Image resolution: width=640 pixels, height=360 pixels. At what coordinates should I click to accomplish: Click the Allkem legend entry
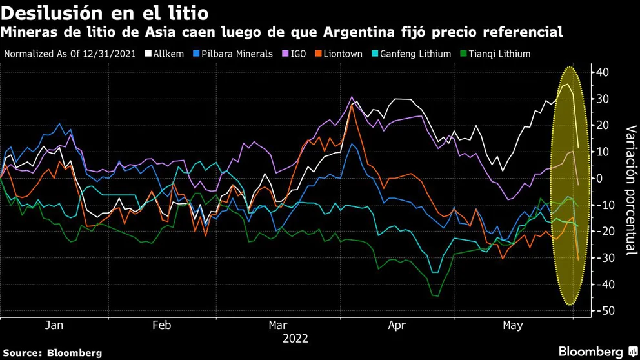(166, 54)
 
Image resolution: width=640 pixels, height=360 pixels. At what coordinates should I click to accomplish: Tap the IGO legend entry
(299, 54)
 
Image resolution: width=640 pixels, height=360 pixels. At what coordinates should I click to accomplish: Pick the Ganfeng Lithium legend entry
(415, 54)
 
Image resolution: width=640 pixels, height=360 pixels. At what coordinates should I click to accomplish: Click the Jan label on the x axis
(54, 326)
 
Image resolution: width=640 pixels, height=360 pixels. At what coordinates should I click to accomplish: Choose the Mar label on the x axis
(278, 326)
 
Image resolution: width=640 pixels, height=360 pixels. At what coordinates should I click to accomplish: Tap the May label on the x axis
(513, 326)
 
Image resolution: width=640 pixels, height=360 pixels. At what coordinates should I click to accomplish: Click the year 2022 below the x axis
(295, 338)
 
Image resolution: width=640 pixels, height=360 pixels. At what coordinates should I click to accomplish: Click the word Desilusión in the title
(43, 13)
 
